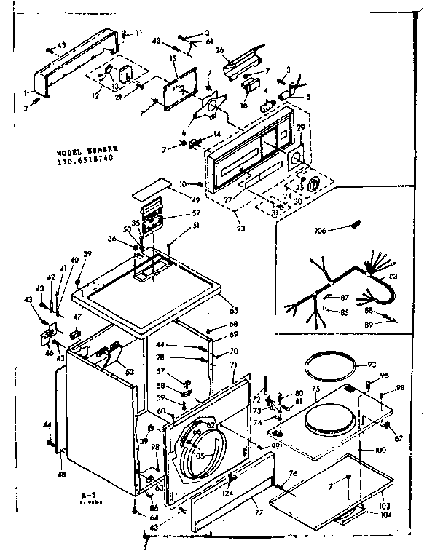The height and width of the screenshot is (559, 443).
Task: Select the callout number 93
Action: (371, 364)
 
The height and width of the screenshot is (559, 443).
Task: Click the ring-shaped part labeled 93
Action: (332, 362)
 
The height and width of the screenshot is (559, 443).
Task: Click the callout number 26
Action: (219, 50)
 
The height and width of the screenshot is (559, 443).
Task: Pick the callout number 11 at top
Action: (138, 33)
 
